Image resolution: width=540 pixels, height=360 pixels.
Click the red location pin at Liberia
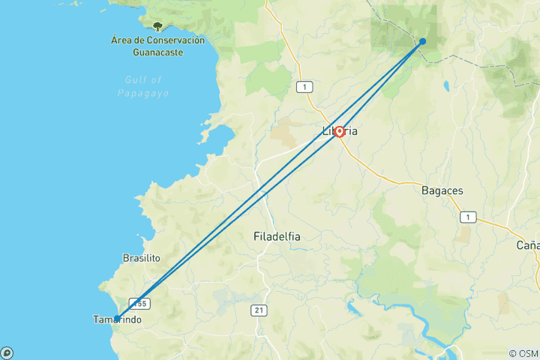[x=339, y=132]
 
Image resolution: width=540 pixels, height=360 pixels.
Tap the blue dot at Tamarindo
[x=117, y=319]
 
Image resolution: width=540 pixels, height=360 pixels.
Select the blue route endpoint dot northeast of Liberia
[x=423, y=41]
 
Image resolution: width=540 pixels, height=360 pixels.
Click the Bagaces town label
[x=442, y=190]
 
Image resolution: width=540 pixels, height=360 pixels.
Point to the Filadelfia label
[x=277, y=236]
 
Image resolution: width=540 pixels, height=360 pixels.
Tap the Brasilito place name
[x=141, y=258]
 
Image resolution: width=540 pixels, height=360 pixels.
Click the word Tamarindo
[x=116, y=320]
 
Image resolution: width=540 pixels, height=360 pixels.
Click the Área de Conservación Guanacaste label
[x=157, y=46]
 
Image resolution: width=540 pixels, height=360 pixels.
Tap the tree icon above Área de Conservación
[x=157, y=26]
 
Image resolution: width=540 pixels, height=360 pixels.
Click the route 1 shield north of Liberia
[x=304, y=87]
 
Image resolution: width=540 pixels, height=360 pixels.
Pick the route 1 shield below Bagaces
[x=469, y=217]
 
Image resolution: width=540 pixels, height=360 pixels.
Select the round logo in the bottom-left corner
[x=7, y=352]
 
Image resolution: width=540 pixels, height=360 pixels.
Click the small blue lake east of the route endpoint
[x=445, y=85]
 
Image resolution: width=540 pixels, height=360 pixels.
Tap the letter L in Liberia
[x=325, y=132]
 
